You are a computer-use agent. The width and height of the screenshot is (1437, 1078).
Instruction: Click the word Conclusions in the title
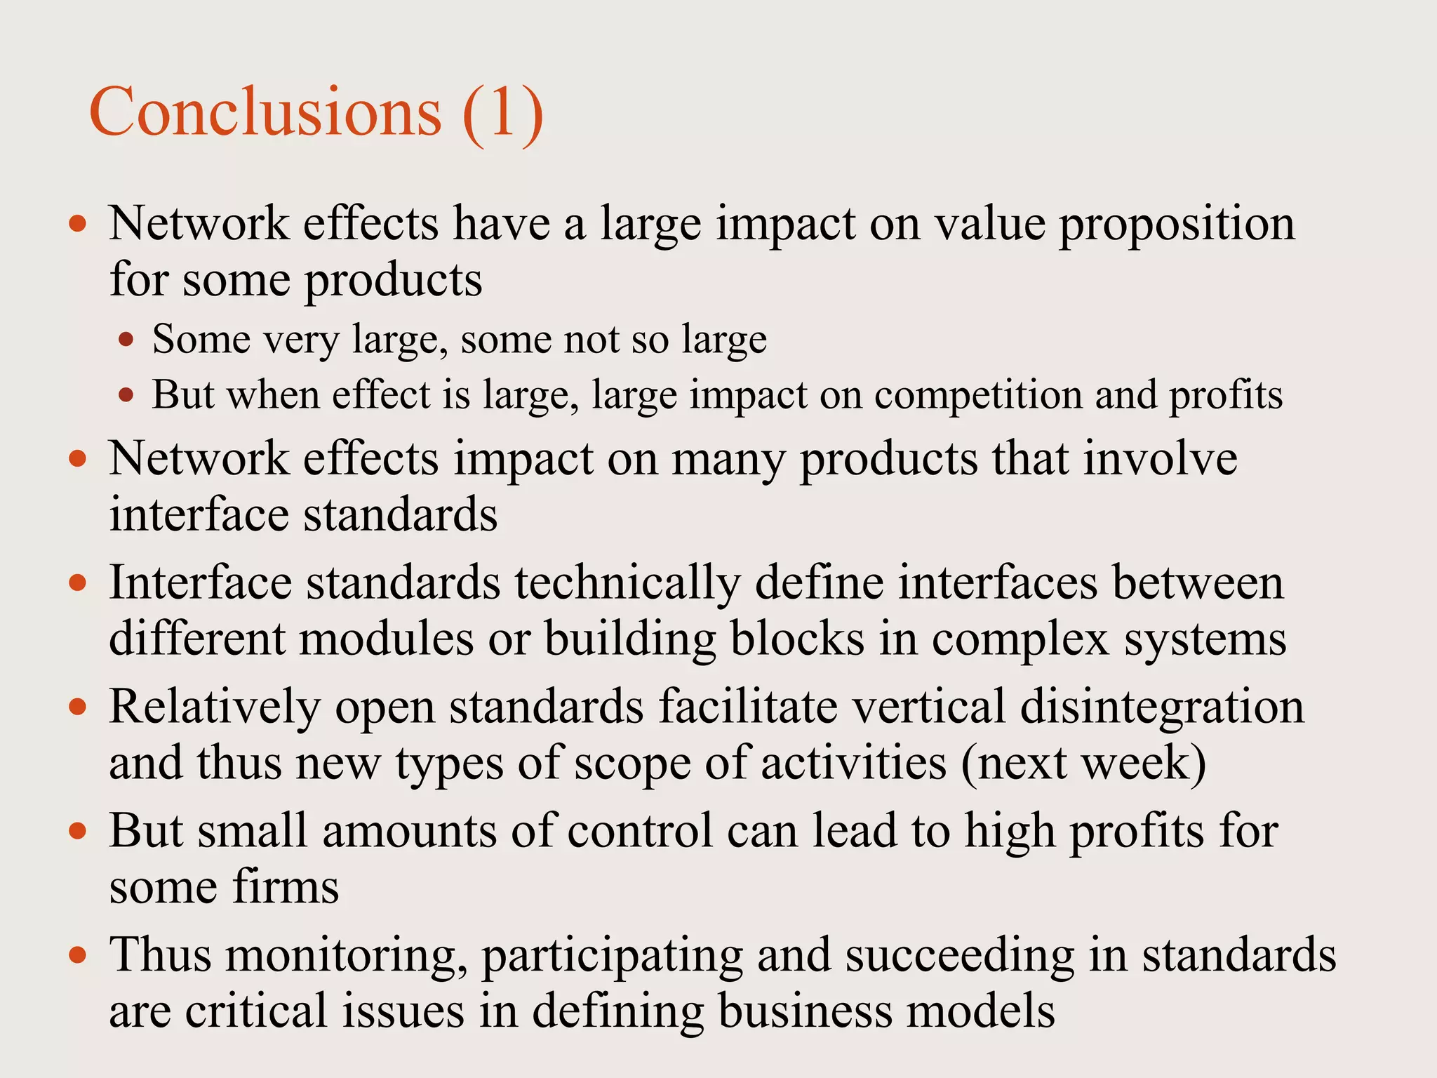click(x=265, y=112)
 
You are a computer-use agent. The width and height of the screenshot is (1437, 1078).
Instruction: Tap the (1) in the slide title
click(x=502, y=112)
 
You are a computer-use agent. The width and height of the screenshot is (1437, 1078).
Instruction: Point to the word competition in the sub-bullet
click(x=977, y=395)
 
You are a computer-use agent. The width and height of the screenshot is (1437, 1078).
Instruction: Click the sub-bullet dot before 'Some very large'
click(x=126, y=340)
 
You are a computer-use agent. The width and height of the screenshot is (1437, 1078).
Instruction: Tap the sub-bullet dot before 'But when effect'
click(x=126, y=395)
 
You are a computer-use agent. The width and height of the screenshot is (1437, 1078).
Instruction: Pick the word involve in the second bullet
click(x=1160, y=459)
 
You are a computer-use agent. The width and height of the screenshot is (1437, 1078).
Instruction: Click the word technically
click(x=628, y=584)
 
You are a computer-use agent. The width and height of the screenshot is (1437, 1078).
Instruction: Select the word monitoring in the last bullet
click(x=347, y=957)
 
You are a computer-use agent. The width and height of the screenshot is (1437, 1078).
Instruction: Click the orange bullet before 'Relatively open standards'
click(x=78, y=707)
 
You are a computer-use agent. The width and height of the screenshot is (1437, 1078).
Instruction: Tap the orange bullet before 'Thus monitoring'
click(x=78, y=955)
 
